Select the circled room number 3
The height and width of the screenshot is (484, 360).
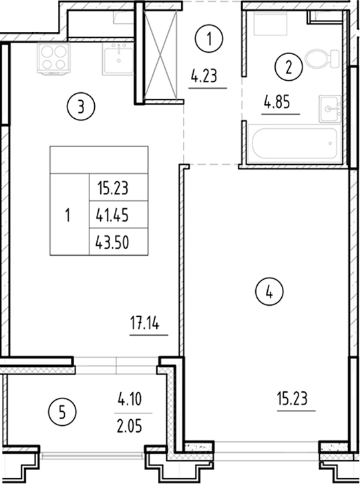[79, 106]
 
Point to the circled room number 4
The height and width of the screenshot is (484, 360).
[269, 292]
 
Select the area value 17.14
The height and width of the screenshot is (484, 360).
[146, 325]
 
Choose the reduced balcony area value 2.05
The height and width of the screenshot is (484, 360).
[131, 423]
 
